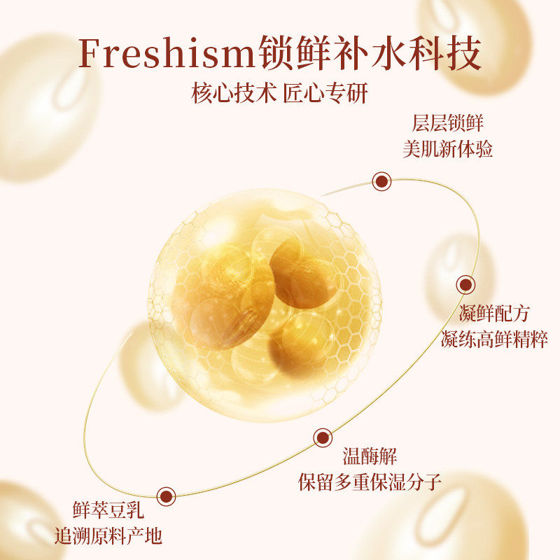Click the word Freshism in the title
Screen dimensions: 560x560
coord(167,52)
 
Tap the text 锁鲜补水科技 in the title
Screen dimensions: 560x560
coord(370,52)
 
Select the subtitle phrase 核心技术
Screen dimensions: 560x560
coord(234,94)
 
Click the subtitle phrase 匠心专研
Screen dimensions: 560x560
coord(325,94)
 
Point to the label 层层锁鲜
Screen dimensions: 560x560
coord(448,124)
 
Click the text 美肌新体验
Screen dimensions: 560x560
coord(448,149)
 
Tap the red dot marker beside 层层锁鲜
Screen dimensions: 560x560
coord(381,182)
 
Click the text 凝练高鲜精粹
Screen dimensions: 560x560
coord(493,339)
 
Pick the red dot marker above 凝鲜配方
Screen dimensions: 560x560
coord(466,285)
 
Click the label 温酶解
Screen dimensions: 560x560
coord(370,458)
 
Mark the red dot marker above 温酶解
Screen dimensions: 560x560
coord(322,438)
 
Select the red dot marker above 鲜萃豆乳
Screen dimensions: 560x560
coord(166,496)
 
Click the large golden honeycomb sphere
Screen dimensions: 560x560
coord(265,302)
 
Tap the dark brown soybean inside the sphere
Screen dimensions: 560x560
coord(297,269)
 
